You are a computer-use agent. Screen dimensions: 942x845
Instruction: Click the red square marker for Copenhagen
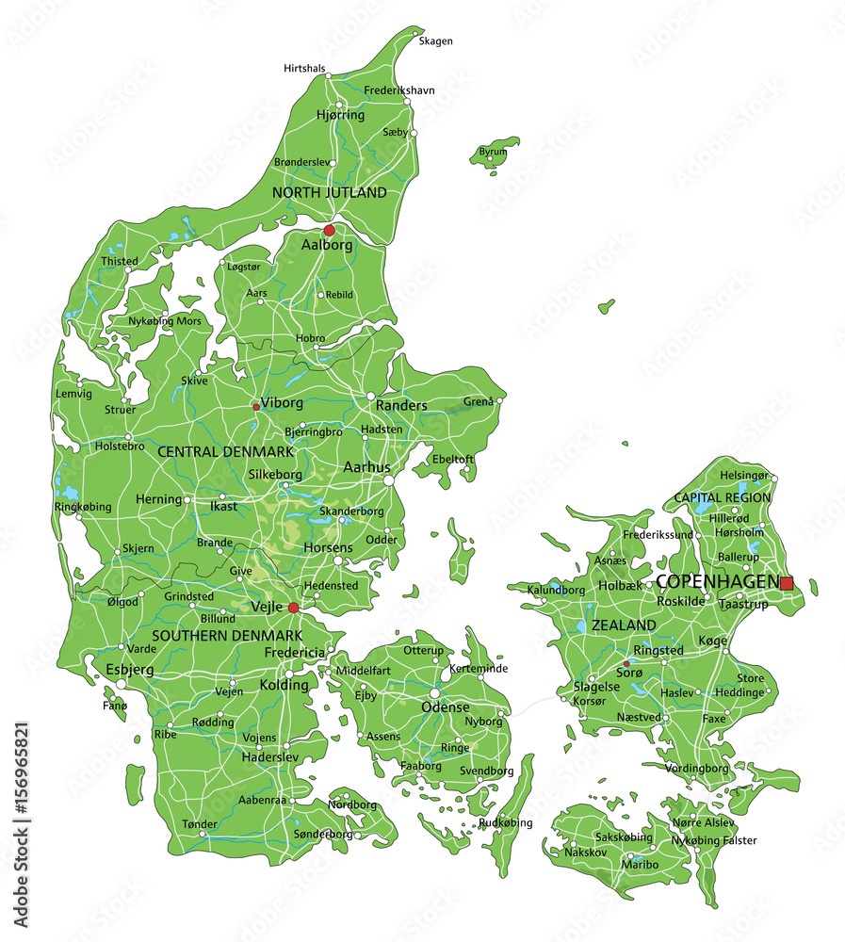pos(787,583)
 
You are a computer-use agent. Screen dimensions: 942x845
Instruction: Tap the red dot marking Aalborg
pos(329,230)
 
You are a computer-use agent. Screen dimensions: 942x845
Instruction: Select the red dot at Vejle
pos(294,608)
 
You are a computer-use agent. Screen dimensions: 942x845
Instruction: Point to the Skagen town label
pos(435,41)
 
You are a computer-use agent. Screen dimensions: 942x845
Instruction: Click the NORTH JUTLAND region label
pos(329,192)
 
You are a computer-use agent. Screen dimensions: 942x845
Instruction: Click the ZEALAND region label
pos(624,625)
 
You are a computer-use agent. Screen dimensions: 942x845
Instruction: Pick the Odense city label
pos(445,706)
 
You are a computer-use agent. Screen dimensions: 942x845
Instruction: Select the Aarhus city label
pos(366,467)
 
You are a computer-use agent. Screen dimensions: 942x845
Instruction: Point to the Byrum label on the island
pos(493,152)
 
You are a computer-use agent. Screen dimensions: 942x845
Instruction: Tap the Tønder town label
pos(200,824)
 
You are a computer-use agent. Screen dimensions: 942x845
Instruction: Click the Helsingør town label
pos(744,476)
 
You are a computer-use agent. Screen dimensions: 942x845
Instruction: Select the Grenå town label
pos(479,401)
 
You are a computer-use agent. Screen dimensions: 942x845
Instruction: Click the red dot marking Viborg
pos(256,407)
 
